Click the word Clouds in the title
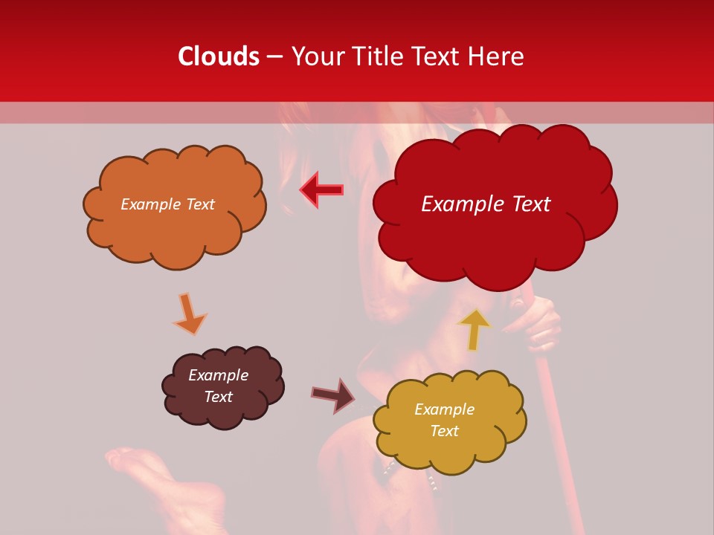coord(219,56)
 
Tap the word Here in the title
coord(498,56)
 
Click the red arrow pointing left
coord(321,190)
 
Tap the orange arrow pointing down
coord(190,314)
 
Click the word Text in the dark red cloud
coord(528,204)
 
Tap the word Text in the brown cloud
coord(219,397)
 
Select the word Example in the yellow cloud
coord(444,409)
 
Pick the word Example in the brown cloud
coord(219,375)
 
